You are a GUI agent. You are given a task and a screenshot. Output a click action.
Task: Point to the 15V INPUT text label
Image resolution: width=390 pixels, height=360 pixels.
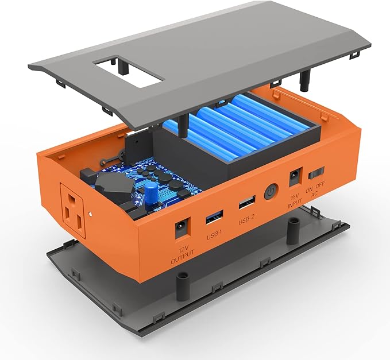click(295, 198)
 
